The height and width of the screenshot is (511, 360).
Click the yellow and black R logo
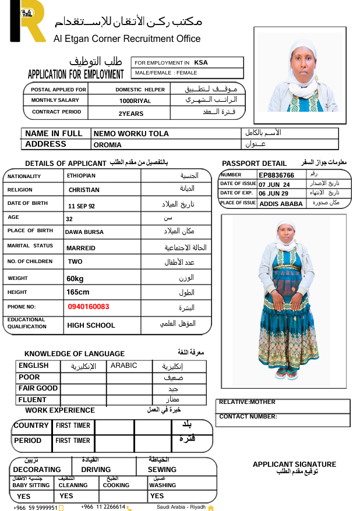(x=27, y=21)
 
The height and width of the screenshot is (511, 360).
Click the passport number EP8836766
(x=277, y=175)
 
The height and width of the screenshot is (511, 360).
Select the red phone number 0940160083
(x=89, y=307)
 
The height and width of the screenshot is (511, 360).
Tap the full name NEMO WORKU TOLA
(x=131, y=134)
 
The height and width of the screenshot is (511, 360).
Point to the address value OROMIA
(x=108, y=145)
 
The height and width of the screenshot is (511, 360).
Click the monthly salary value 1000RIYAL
(x=135, y=101)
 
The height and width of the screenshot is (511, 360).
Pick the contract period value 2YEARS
(x=131, y=113)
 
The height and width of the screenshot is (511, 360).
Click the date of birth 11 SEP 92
(x=82, y=206)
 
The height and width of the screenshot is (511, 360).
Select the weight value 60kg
(x=75, y=279)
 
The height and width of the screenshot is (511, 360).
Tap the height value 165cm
(x=78, y=292)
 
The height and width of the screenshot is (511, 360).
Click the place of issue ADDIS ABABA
(x=281, y=204)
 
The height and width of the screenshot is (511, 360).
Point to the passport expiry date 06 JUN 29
(x=274, y=194)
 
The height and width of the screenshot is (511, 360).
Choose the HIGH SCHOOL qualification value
(x=91, y=325)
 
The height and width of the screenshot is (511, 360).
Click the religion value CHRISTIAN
(x=84, y=190)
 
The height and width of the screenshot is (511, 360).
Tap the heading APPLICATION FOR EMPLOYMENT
(x=76, y=74)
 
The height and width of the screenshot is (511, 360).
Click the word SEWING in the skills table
(x=162, y=470)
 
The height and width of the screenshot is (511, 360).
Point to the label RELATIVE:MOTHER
(x=247, y=402)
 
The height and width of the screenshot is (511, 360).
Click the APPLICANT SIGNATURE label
(x=294, y=464)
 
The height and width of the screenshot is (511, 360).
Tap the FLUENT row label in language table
(x=33, y=400)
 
